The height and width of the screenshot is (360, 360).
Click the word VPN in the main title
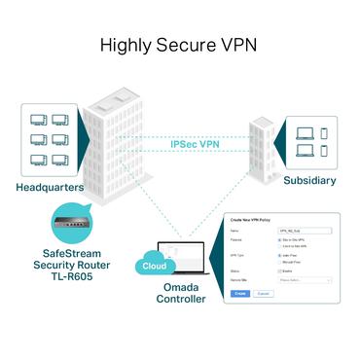(x=241, y=45)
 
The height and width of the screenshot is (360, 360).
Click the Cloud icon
(x=153, y=265)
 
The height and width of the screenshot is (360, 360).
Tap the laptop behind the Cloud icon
(x=183, y=256)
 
